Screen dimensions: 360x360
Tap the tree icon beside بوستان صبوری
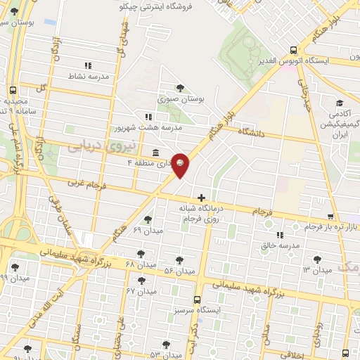(x=181, y=88)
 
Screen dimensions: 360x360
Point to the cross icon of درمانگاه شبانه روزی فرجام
(x=202, y=199)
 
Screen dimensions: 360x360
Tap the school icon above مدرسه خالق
(x=280, y=234)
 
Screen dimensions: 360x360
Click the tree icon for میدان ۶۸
(x=141, y=253)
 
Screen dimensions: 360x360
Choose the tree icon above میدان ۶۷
(x=141, y=281)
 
